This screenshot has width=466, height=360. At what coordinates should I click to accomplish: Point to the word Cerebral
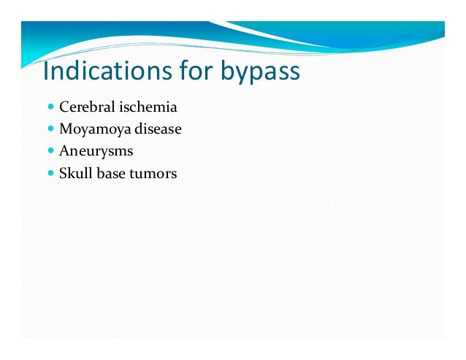click(x=83, y=107)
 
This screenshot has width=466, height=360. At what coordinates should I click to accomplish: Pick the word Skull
click(x=74, y=174)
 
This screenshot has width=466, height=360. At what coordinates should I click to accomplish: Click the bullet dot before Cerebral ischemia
click(x=50, y=107)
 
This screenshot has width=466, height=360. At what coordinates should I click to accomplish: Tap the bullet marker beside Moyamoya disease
click(x=50, y=129)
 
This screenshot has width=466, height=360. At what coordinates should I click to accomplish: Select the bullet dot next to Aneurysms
click(x=50, y=152)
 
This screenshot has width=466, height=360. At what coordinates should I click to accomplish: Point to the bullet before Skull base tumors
click(x=50, y=174)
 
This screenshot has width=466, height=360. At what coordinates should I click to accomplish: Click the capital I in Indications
click(x=46, y=72)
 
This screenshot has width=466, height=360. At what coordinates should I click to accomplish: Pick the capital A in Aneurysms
click(x=64, y=151)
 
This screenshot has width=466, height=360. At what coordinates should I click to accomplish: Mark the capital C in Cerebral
click(x=64, y=107)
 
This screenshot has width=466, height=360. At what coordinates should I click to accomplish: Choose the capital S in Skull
click(x=63, y=174)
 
